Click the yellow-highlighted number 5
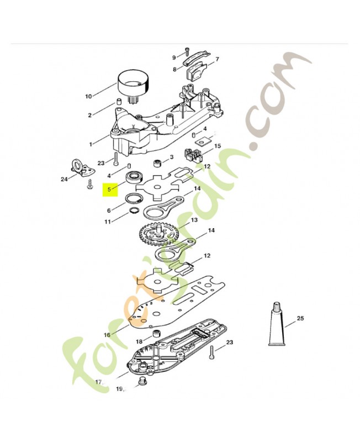pyautogui.click(x=109, y=190)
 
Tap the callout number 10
pyautogui.click(x=88, y=96)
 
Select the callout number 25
pyautogui.click(x=300, y=318)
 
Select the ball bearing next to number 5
pyautogui.click(x=135, y=177)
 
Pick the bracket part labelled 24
pyautogui.click(x=83, y=168)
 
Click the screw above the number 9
pyautogui.click(x=187, y=51)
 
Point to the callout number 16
pyautogui.click(x=107, y=335)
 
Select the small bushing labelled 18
pyautogui.click(x=156, y=334)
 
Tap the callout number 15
pyautogui.click(x=218, y=146)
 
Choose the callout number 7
pyautogui.click(x=217, y=60)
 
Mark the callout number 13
pyautogui.click(x=194, y=220)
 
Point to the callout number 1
pyautogui.click(x=91, y=144)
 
